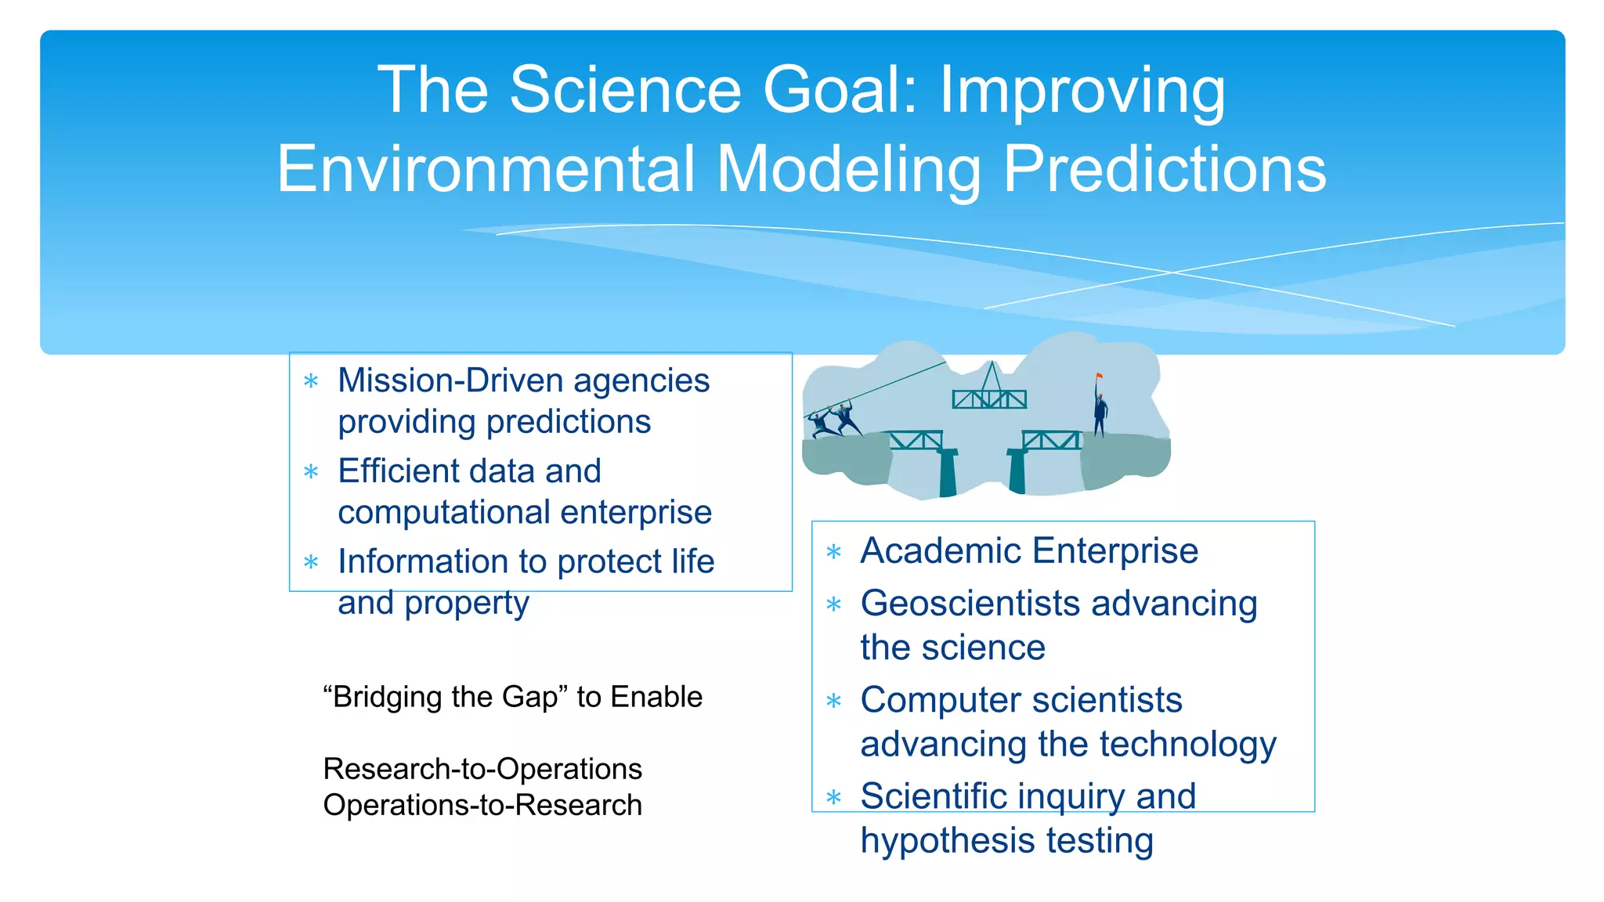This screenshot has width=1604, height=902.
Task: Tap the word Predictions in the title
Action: pyautogui.click(x=1165, y=169)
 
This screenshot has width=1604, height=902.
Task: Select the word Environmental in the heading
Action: pyautogui.click(x=486, y=169)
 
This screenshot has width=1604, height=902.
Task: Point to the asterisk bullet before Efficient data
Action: pyautogui.click(x=311, y=472)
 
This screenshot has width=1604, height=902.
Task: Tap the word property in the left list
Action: pyautogui.click(x=467, y=604)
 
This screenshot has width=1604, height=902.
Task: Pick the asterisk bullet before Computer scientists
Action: pyautogui.click(x=834, y=701)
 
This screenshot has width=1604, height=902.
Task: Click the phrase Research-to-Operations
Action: pyautogui.click(x=482, y=770)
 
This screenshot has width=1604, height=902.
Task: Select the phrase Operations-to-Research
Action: pyautogui.click(x=482, y=806)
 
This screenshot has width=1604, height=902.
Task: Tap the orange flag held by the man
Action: pyautogui.click(x=1100, y=377)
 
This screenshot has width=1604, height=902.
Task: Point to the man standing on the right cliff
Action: pyautogui.click(x=1100, y=413)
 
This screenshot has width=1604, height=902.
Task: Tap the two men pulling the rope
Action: pyautogui.click(x=833, y=421)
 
